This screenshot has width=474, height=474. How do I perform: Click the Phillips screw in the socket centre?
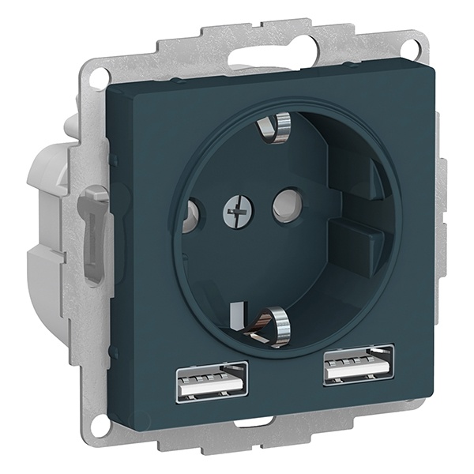click(x=234, y=209)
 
